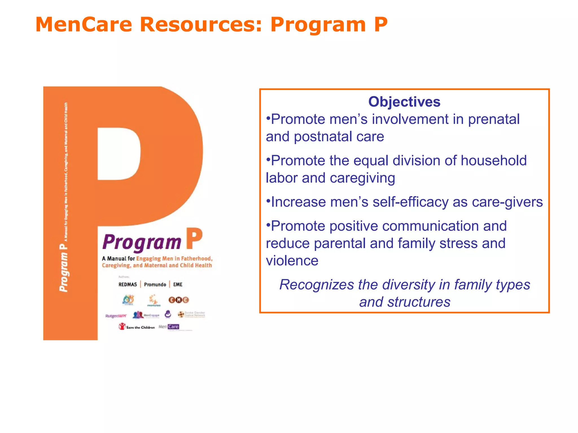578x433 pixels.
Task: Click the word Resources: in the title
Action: pyautogui.click(x=201, y=25)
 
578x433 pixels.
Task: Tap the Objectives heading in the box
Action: pyautogui.click(x=404, y=102)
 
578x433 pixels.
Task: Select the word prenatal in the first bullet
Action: pyautogui.click(x=494, y=119)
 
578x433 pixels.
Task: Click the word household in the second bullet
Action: pyautogui.click(x=494, y=161)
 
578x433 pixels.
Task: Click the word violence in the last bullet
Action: pyautogui.click(x=292, y=261)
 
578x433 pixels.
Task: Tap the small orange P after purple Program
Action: pyautogui.click(x=194, y=239)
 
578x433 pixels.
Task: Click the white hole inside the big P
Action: pyautogui.click(x=119, y=154)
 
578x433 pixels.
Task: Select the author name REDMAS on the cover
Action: pyautogui.click(x=128, y=284)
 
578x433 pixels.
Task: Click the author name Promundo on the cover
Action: pyautogui.click(x=155, y=284)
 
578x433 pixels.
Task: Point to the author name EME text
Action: pyautogui.click(x=178, y=284)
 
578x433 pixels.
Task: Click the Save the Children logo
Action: pyautogui.click(x=137, y=327)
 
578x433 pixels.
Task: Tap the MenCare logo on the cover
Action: pyautogui.click(x=169, y=327)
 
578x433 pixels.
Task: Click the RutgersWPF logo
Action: pyautogui.click(x=116, y=316)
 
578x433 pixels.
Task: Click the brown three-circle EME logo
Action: pyautogui.click(x=178, y=300)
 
